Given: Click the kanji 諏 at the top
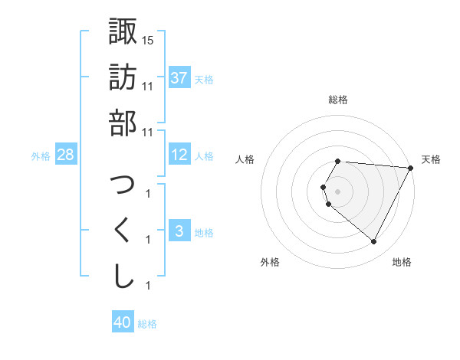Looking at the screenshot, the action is click(x=123, y=31).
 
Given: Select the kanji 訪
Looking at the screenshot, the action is click(x=123, y=77).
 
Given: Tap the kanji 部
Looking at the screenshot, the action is click(x=123, y=123).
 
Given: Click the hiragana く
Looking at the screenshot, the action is click(x=123, y=231).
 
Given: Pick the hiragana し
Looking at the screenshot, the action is click(x=123, y=277).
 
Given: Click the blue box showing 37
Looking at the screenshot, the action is click(x=179, y=77).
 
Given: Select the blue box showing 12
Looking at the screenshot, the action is click(x=179, y=155).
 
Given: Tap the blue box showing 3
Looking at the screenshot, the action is click(x=179, y=231).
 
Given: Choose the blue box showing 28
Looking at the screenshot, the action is click(x=65, y=155).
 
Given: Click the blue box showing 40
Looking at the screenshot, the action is click(x=123, y=322).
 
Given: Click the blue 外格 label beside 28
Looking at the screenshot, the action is click(x=40, y=156).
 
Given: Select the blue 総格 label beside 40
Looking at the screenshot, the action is click(x=147, y=324).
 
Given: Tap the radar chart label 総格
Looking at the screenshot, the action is click(x=338, y=100).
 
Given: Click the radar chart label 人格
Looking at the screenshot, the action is click(x=246, y=159).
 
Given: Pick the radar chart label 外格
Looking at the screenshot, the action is click(x=270, y=262).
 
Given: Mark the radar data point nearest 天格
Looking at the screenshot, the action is click(x=411, y=168).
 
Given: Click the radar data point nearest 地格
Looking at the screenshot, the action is click(x=374, y=242).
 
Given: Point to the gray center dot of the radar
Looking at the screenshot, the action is click(x=338, y=191).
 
